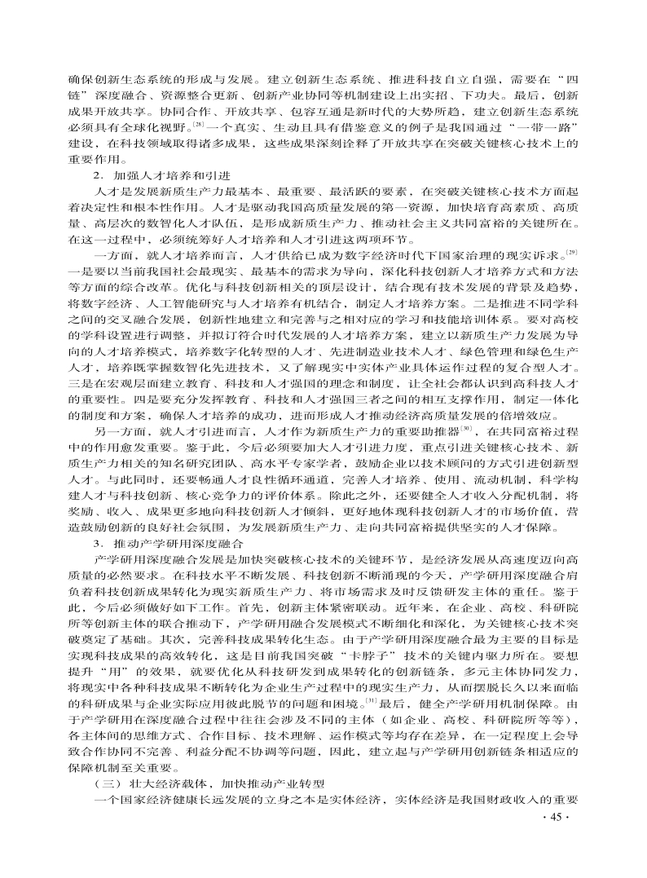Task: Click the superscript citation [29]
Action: [x=572, y=254]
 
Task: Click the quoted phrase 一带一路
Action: [x=540, y=129]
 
